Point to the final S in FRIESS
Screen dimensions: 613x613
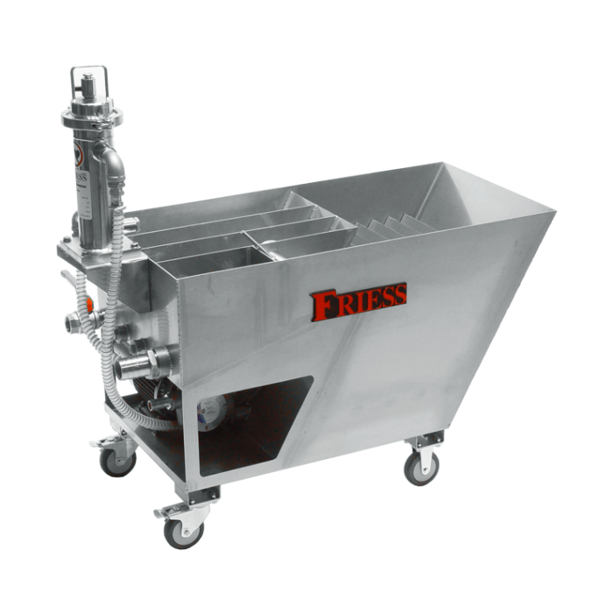point(398,294)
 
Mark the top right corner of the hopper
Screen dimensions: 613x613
point(555,210)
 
